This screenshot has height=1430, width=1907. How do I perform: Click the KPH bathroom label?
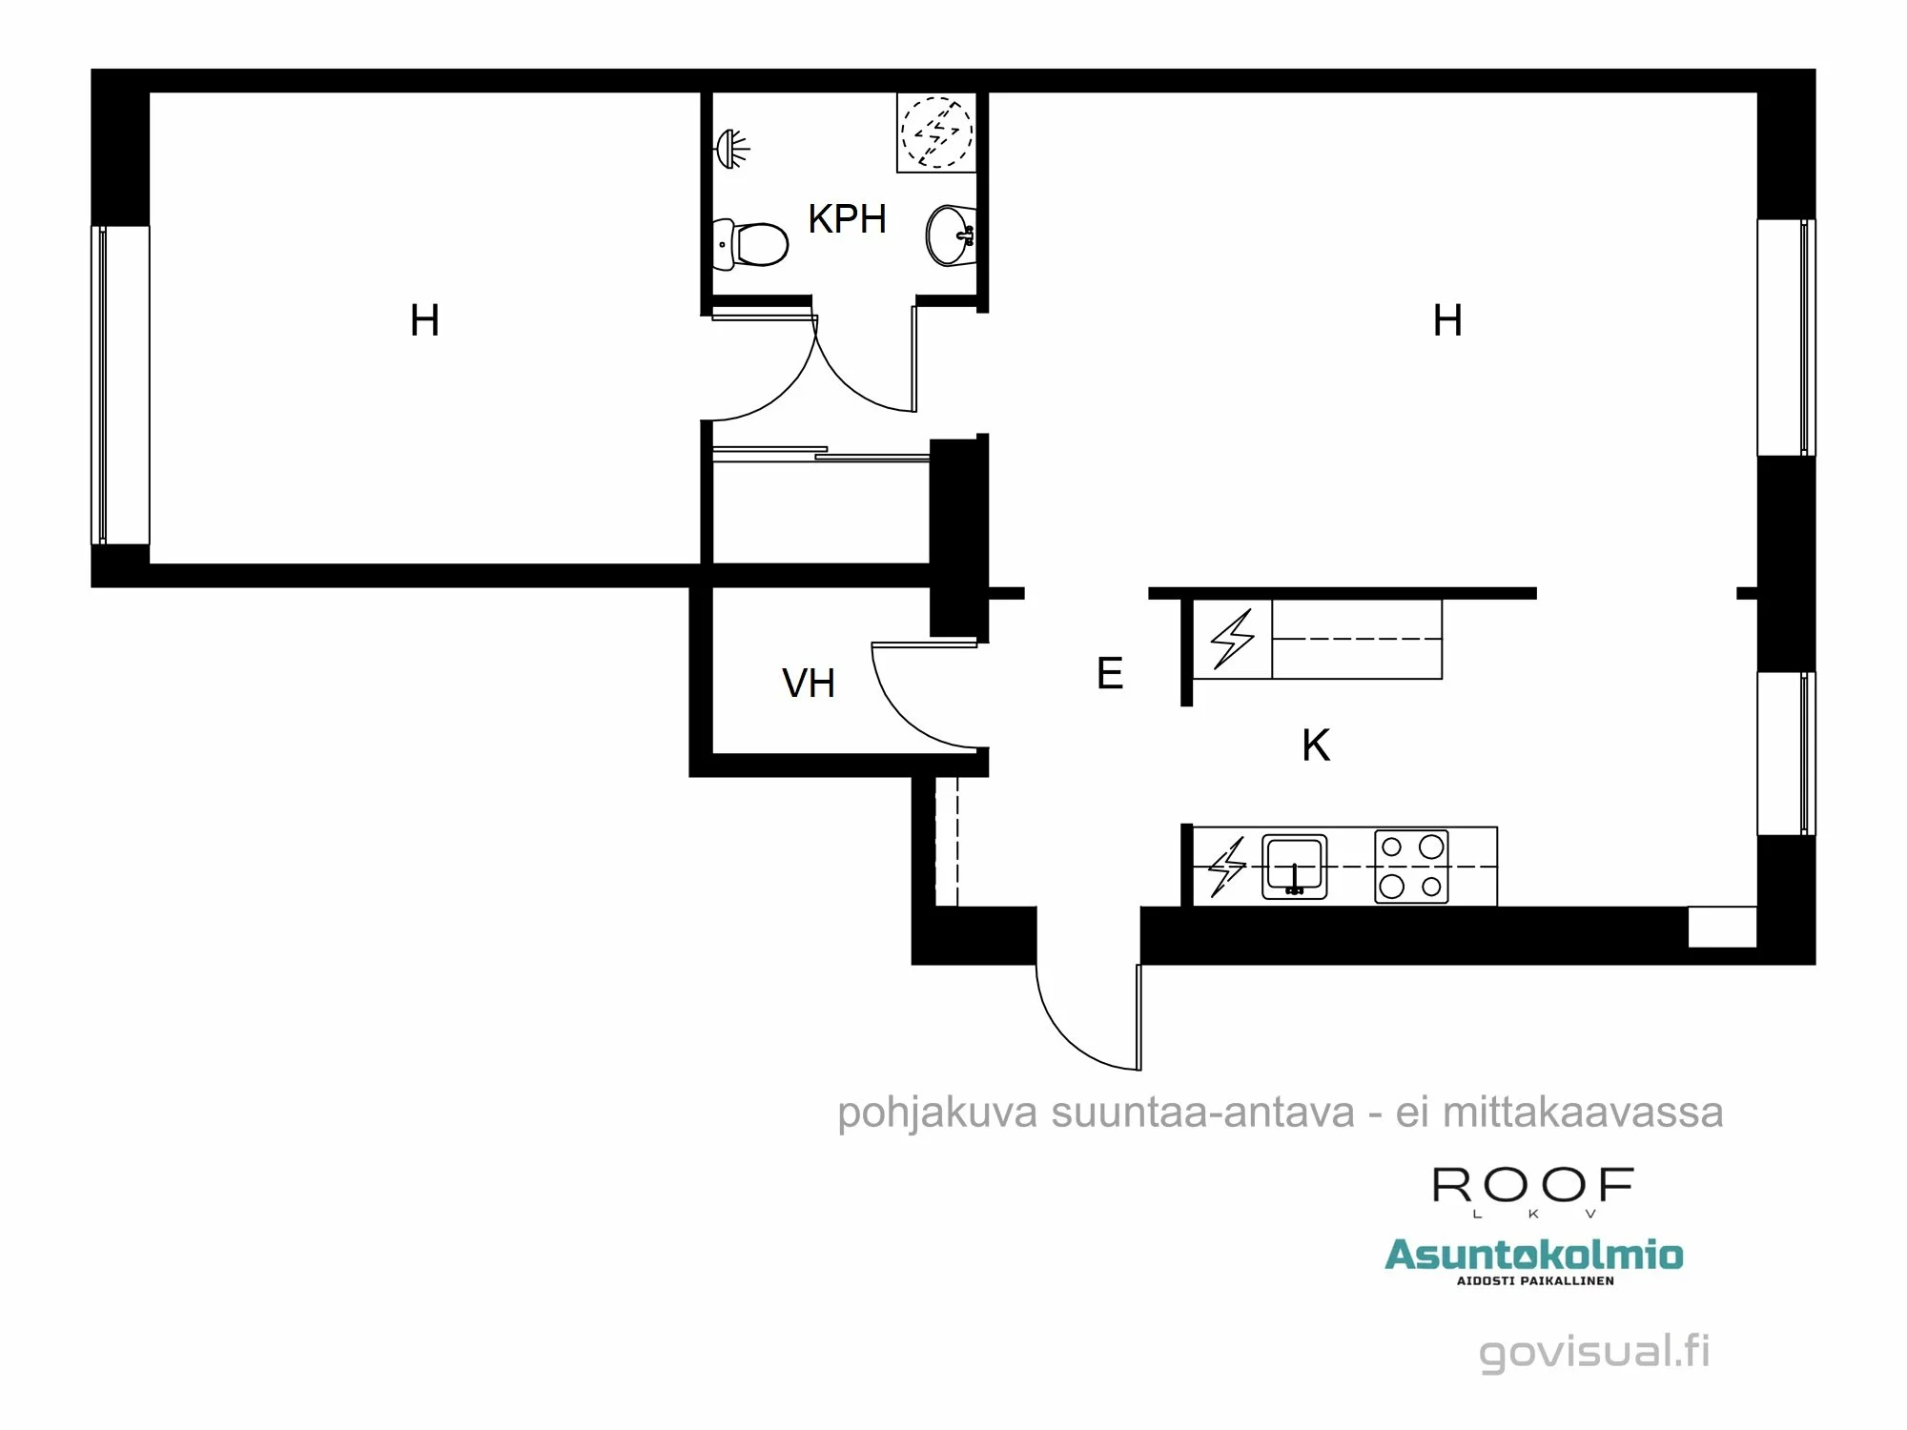click(847, 219)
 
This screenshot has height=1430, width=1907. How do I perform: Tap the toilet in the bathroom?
click(752, 243)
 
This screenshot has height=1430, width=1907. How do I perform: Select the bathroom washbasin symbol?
click(950, 235)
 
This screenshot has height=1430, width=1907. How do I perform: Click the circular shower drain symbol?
click(937, 132)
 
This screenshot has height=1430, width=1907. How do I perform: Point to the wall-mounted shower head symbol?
click(732, 149)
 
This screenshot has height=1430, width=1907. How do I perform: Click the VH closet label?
click(809, 684)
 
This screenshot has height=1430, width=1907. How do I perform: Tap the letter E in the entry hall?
click(1109, 674)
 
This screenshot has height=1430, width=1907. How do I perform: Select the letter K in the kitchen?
click(1316, 746)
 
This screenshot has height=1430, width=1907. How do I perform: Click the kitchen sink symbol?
click(1294, 867)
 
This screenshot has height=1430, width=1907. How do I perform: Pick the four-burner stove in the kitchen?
click(1411, 867)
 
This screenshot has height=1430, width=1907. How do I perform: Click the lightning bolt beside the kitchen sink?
click(1227, 867)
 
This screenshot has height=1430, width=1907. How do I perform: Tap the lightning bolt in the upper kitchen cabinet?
click(1232, 639)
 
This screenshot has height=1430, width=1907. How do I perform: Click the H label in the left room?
click(424, 321)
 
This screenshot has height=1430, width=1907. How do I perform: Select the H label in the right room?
click(1447, 321)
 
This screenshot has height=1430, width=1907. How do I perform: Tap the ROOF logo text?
click(1533, 1187)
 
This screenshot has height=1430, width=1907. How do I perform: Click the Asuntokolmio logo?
click(1533, 1256)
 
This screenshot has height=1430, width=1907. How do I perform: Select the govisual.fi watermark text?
click(1594, 1352)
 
